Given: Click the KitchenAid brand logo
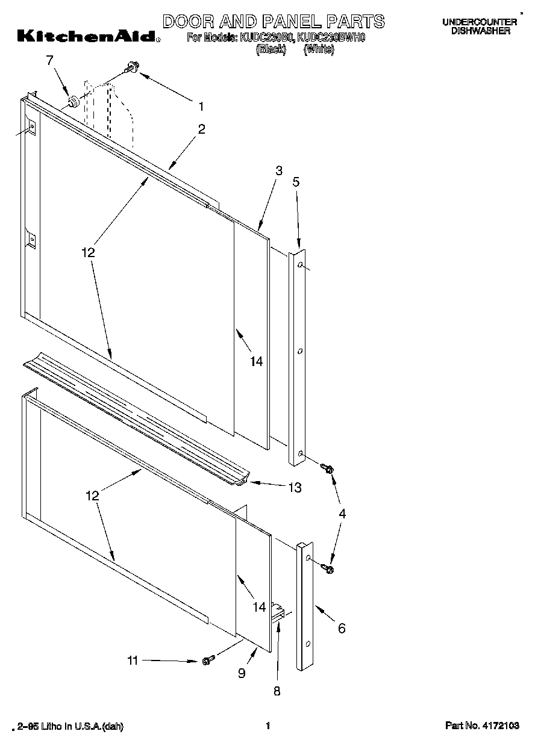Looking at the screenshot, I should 88,37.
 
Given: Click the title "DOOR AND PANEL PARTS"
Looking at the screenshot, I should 274,21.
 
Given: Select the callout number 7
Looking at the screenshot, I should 49,60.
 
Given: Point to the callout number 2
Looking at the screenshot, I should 201,128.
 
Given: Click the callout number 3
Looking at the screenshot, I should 278,170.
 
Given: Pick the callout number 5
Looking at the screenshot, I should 296,181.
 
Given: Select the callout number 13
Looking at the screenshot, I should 294,488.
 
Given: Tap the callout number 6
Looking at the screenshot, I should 342,629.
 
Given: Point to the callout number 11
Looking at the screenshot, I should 133,661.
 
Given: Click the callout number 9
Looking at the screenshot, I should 242,674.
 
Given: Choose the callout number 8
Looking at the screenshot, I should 277,692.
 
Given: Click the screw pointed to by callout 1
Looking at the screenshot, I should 131,70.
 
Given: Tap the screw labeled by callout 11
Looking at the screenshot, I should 207,661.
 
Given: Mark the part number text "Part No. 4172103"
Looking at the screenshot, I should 482,726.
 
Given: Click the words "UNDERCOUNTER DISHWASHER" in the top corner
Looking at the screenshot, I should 480,26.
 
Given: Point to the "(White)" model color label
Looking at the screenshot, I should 319,50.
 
